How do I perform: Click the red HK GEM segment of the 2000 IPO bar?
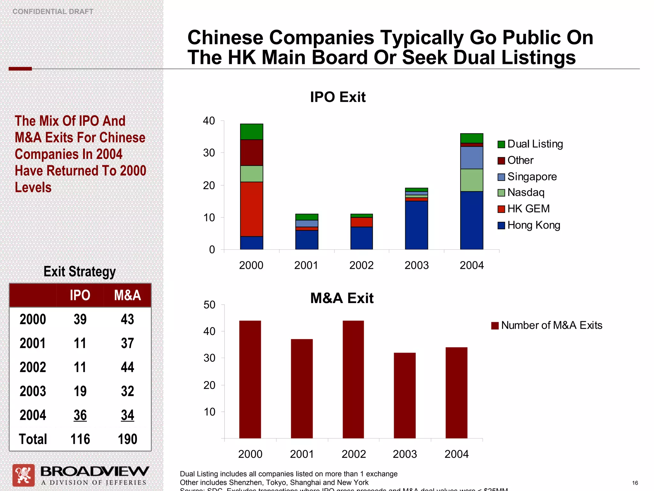tap(251, 209)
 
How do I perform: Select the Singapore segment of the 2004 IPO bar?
tap(471, 158)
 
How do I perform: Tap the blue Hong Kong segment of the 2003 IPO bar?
tap(416, 225)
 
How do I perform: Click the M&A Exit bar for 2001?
tap(302, 388)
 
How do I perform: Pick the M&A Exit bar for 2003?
tap(405, 395)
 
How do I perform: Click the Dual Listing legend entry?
tap(530, 144)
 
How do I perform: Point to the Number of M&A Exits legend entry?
tap(547, 325)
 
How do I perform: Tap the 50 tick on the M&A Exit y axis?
tap(209, 305)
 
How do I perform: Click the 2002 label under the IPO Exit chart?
tap(361, 265)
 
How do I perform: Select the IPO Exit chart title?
tap(338, 97)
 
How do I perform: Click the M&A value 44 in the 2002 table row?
tap(127, 367)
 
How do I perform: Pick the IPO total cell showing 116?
tap(80, 439)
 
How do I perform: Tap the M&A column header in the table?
tap(127, 295)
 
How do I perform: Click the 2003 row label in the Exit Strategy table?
tap(33, 391)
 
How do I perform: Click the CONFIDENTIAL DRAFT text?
tap(53, 12)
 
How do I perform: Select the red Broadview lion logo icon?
tap(23, 475)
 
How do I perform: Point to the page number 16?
tap(635, 483)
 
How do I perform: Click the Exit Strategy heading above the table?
tap(80, 272)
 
